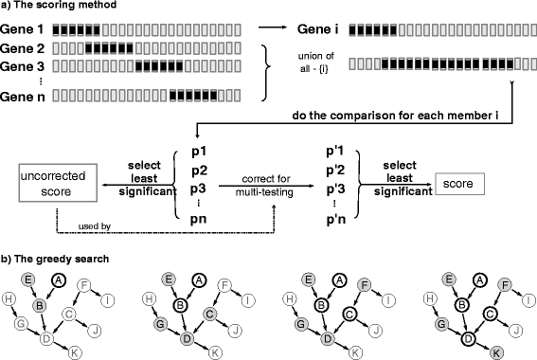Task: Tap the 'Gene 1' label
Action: (x=23, y=30)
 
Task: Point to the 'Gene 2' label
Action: (x=23, y=47)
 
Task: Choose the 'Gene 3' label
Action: (x=23, y=64)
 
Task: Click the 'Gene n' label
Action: (x=23, y=96)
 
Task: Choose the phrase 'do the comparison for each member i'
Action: (x=413, y=122)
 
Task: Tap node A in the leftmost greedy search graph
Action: (x=59, y=253)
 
